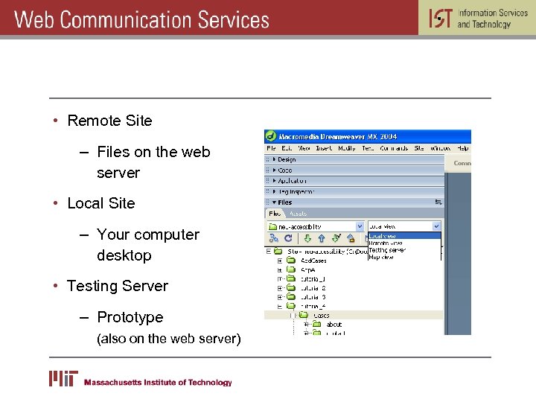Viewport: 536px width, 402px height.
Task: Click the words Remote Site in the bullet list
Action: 109,121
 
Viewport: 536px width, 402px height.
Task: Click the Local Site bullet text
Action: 101,203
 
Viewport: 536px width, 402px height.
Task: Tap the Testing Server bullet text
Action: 118,286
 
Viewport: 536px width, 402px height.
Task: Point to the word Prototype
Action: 130,317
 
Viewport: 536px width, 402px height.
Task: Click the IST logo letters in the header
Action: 440,18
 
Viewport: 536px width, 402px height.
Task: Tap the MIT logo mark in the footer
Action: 63,379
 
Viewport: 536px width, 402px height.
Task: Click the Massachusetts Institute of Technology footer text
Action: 158,383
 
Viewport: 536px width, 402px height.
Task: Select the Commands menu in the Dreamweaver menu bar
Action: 394,148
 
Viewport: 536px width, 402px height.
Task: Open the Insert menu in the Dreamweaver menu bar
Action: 324,148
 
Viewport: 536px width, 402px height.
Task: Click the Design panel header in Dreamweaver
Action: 286,159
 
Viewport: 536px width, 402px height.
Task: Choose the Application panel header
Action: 292,181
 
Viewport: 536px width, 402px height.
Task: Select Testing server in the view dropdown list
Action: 388,250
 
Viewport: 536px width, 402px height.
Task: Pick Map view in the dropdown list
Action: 381,258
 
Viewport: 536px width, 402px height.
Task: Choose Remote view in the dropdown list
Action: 386,243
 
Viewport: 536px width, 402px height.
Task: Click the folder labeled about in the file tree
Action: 334,325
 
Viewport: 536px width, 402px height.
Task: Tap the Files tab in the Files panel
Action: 275,214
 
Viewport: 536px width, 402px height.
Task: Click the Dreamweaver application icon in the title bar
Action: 271,137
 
